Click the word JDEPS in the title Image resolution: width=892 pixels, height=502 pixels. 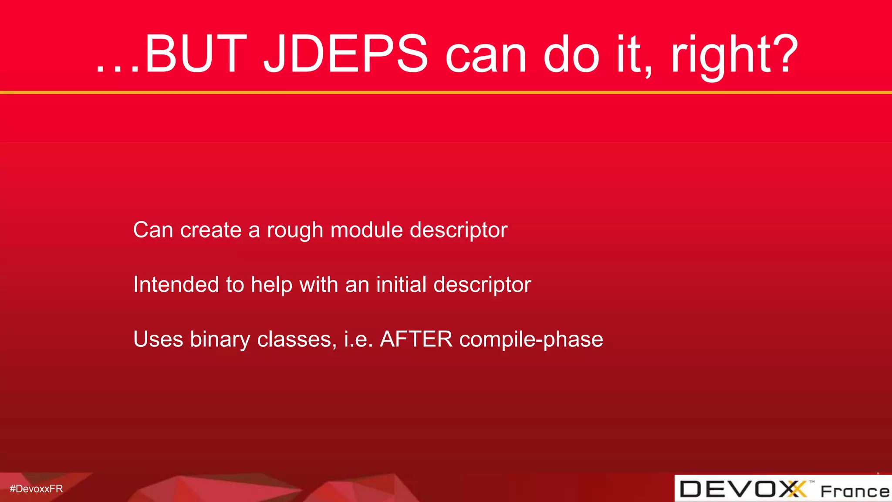[346, 54]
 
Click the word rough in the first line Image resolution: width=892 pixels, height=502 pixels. [295, 231]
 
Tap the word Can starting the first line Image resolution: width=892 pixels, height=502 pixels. [153, 230]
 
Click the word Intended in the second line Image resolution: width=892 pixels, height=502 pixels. [176, 285]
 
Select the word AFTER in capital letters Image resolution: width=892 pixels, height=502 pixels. [416, 339]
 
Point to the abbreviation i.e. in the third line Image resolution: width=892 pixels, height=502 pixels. [358, 339]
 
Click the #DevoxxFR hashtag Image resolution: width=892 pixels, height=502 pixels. [36, 489]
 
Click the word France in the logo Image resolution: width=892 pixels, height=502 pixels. [855, 492]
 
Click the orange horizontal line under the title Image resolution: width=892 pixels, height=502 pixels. [446, 92]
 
